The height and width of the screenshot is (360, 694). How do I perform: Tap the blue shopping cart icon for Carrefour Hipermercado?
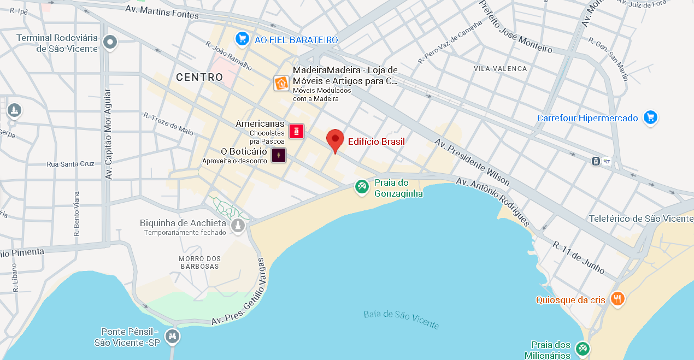tap(649, 117)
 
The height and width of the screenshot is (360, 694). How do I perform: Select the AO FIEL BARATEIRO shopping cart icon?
tap(242, 39)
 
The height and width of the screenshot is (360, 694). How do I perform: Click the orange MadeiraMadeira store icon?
tap(281, 83)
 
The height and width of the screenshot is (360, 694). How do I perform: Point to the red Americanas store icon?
tap(296, 131)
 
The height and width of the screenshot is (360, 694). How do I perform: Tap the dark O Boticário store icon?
tap(279, 155)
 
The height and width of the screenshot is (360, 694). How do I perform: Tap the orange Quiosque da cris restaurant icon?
tap(617, 299)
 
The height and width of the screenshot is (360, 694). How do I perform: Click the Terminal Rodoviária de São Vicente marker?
tap(111, 42)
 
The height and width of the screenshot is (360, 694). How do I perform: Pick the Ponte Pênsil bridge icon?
tap(173, 336)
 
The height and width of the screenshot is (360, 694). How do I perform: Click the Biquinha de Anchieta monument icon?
tap(238, 226)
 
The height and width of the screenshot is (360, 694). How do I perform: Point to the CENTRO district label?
tap(199, 78)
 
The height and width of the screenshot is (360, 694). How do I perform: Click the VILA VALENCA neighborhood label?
tap(501, 69)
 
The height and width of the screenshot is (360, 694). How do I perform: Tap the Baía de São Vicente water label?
tap(401, 320)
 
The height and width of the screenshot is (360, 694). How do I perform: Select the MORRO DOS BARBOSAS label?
tap(200, 262)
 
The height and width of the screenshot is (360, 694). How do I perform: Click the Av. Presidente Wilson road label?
tap(473, 162)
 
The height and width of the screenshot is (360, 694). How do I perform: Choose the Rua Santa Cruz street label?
tap(70, 164)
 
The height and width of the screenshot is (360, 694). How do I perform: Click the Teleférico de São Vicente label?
tap(641, 219)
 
